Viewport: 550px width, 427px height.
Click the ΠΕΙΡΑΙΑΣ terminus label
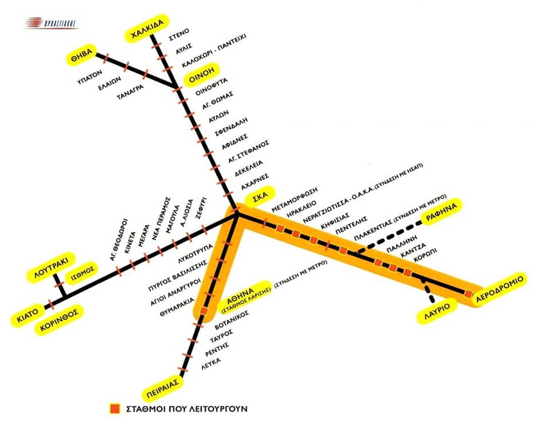tap(164, 382)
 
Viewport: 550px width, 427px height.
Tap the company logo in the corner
tap(51, 23)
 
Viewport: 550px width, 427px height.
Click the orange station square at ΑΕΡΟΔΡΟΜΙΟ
tap(468, 294)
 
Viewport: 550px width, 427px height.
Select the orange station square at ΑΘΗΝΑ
tap(203, 311)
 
